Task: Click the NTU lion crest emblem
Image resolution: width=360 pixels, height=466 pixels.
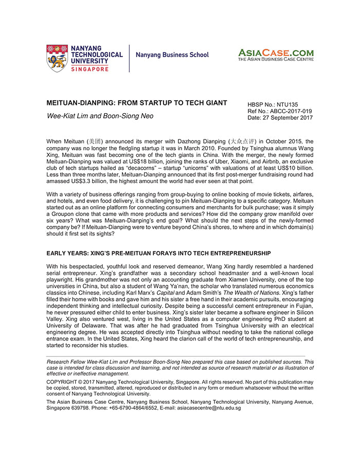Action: [57, 58]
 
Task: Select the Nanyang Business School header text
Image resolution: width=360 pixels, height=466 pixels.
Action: [172, 55]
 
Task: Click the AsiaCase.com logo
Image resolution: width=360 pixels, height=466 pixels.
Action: [275, 54]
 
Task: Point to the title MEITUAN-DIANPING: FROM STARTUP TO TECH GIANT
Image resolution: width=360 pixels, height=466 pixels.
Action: [137, 103]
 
